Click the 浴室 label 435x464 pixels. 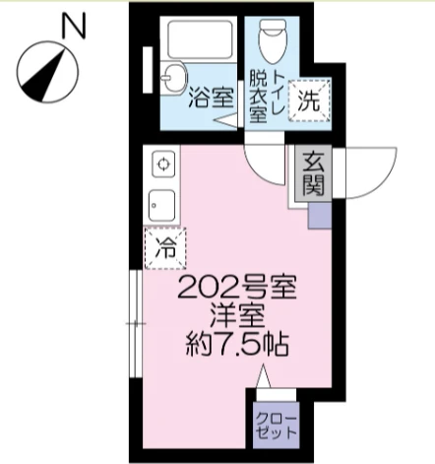210,99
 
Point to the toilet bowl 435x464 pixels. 270,42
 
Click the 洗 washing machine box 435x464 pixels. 309,99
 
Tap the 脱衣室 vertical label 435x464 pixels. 258,97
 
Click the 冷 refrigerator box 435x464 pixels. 165,248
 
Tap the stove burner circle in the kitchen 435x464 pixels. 162,163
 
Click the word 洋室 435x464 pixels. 237,317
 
